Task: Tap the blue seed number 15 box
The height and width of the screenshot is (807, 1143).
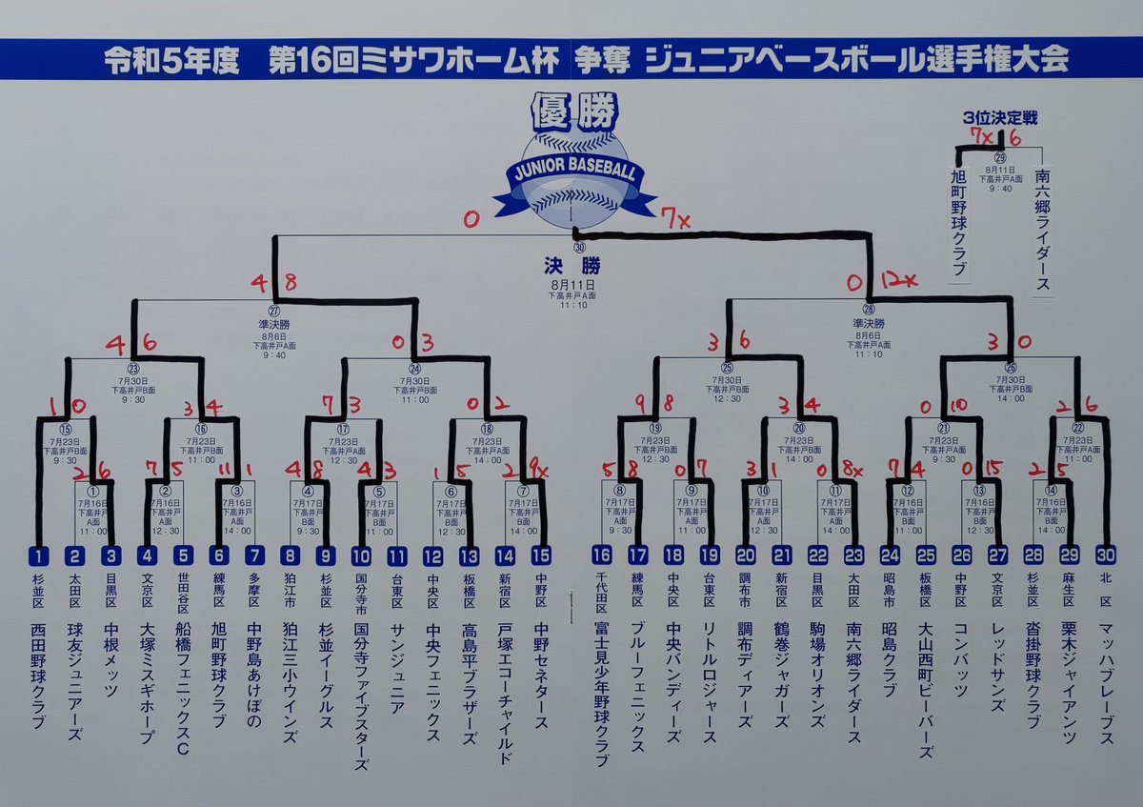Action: (x=541, y=555)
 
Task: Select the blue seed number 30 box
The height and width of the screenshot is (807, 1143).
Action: (x=1105, y=555)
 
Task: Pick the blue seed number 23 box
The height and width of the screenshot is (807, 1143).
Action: (x=853, y=555)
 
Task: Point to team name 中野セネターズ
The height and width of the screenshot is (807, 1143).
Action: (x=541, y=676)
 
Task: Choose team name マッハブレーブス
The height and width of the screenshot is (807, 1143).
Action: (x=1105, y=676)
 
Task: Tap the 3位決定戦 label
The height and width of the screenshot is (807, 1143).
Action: (x=999, y=118)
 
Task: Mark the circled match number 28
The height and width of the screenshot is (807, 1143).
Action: (x=868, y=310)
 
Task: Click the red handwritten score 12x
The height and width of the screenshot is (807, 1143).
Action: (x=899, y=280)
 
